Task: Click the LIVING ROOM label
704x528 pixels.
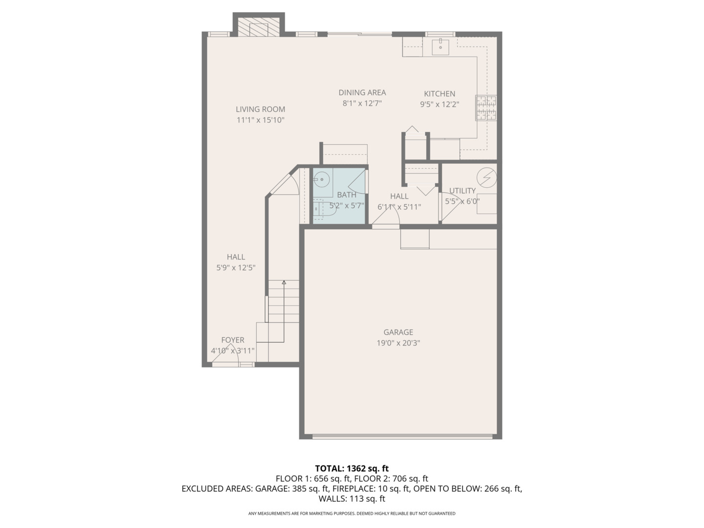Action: tap(260, 110)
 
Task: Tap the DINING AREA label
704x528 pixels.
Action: tap(362, 92)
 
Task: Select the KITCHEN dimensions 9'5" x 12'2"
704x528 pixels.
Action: tap(439, 104)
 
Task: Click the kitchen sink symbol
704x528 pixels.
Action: tap(440, 47)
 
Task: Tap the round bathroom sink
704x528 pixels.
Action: tap(321, 180)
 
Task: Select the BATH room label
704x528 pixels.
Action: tap(346, 195)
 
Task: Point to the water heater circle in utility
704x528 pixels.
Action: tap(486, 178)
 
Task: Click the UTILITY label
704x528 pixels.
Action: tap(462, 191)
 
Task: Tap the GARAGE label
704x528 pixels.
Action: tap(398, 332)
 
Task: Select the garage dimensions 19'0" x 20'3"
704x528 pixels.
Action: tap(398, 343)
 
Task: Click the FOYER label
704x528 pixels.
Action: tap(232, 340)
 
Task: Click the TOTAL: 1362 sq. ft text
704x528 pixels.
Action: tap(352, 468)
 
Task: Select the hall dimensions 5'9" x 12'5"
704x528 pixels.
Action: tap(236, 268)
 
